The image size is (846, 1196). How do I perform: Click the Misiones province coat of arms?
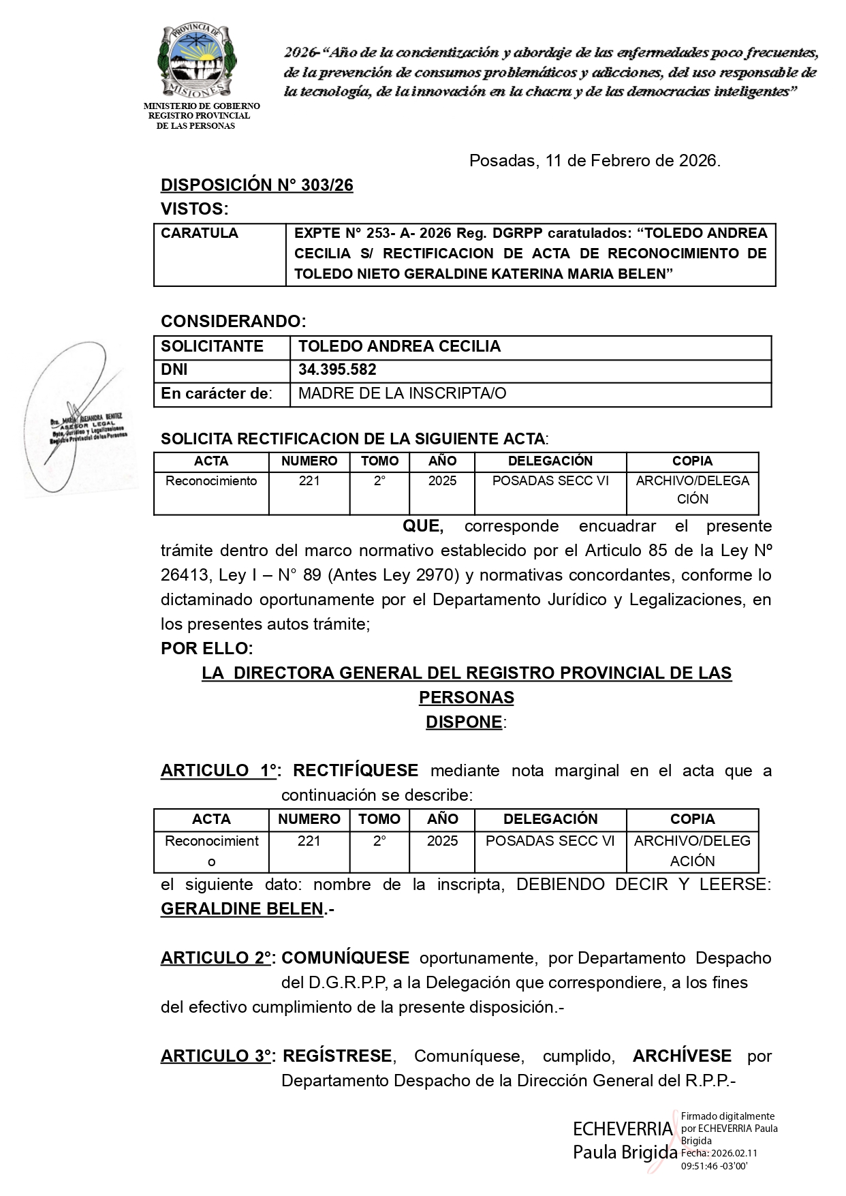click(x=197, y=62)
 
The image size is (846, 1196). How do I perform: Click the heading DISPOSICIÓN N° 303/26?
click(x=257, y=185)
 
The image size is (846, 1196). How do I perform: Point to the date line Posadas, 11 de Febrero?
click(x=594, y=161)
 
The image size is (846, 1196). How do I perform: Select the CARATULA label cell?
click(x=200, y=233)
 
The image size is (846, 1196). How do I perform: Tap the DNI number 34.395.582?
click(x=337, y=370)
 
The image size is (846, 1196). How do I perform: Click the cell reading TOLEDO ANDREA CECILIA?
click(x=399, y=346)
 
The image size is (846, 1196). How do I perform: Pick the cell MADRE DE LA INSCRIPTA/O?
click(x=402, y=394)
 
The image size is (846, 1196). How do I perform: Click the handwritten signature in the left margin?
click(x=75, y=416)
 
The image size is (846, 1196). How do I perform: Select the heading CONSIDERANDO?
click(x=233, y=321)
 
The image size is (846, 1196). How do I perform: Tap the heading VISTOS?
click(x=194, y=209)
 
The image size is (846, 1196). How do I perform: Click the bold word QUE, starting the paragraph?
click(x=423, y=526)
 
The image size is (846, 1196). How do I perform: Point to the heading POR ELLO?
click(x=206, y=648)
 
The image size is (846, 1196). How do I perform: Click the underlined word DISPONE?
click(x=464, y=722)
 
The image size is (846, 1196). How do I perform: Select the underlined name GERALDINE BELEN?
click(x=242, y=909)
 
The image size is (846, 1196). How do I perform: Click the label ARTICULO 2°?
click(x=217, y=958)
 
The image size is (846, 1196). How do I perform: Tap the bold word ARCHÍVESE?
click(x=682, y=1056)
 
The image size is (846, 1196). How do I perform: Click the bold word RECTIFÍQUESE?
click(x=356, y=771)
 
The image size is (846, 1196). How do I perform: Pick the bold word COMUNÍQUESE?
click(x=345, y=958)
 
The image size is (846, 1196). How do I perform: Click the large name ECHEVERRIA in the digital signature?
click(x=623, y=1129)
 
